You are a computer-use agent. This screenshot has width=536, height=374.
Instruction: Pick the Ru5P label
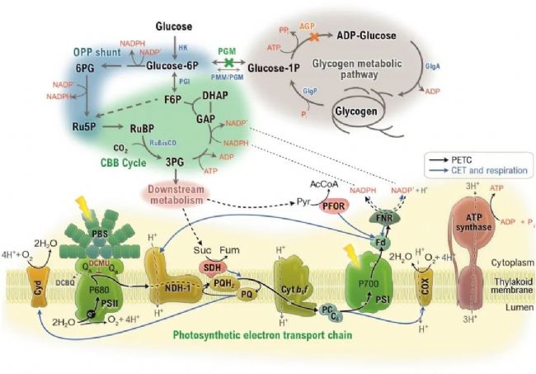point(86,128)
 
